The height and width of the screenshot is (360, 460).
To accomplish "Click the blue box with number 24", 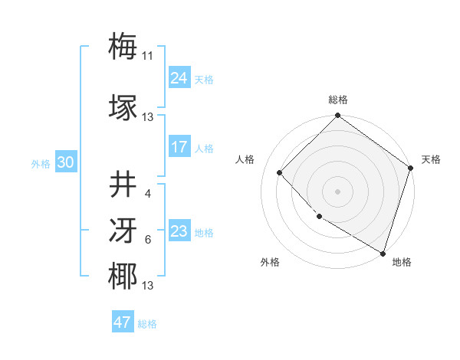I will (179, 78).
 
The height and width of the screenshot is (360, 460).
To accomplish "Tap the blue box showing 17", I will (179, 147).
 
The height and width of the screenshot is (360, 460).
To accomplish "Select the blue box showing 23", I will (179, 231).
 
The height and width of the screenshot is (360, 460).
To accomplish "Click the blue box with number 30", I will (66, 162).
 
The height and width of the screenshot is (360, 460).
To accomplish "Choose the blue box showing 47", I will (123, 322).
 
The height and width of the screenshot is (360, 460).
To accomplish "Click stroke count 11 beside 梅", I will (148, 56).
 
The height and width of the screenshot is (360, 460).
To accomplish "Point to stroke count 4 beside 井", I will (147, 193).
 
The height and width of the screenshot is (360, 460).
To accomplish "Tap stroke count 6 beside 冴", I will (147, 240).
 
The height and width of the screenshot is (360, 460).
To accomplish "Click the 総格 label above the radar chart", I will (338, 100).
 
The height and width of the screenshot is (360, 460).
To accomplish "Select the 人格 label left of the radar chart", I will (245, 159).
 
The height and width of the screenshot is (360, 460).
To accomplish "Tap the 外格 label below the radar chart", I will (270, 262).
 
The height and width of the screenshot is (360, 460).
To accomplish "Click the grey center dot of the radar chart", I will (337, 191).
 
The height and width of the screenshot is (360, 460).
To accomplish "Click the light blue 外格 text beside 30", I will (41, 164).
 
